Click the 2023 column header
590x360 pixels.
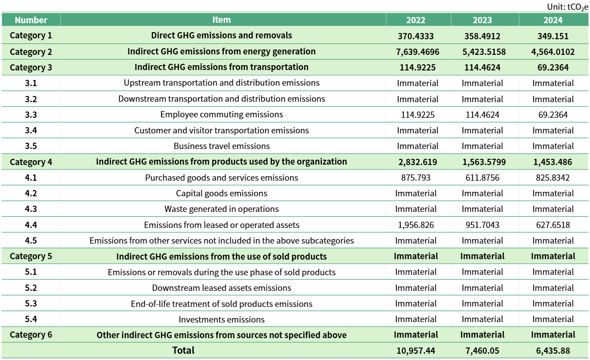coord(482,20)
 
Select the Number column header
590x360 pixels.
coord(31,20)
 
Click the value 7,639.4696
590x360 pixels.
coord(417,52)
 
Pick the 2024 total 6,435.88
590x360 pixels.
coord(553,351)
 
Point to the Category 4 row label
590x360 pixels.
coord(31,162)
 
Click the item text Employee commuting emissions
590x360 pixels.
coord(221,115)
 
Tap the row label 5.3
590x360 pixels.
coord(31,304)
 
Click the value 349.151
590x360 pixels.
coord(553,36)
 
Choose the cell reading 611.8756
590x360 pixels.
coord(482,178)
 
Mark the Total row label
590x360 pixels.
coord(183,351)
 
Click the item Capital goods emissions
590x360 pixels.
coord(221,193)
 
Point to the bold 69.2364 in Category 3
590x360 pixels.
coord(553,67)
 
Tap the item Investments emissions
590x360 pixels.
coord(221,319)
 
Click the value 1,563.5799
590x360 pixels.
coord(482,162)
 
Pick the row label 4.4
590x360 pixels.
coord(31,225)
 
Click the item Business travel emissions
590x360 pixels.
coord(221,146)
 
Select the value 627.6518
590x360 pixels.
coord(553,225)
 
